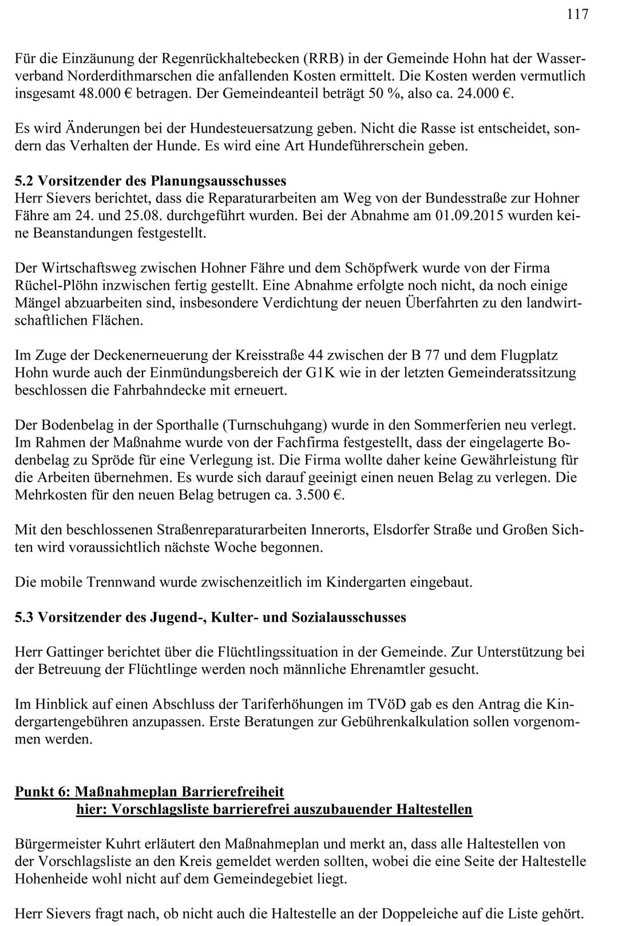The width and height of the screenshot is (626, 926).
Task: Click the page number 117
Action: (x=577, y=14)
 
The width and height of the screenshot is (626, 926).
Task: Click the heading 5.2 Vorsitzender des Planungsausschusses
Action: (x=150, y=181)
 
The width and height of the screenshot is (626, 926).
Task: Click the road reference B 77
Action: (x=425, y=355)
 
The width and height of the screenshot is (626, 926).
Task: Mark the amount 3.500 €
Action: (x=316, y=495)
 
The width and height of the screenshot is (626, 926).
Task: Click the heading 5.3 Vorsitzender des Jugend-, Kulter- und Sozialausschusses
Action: (x=210, y=618)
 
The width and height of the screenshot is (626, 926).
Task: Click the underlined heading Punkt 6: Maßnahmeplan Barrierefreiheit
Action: (x=149, y=792)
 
